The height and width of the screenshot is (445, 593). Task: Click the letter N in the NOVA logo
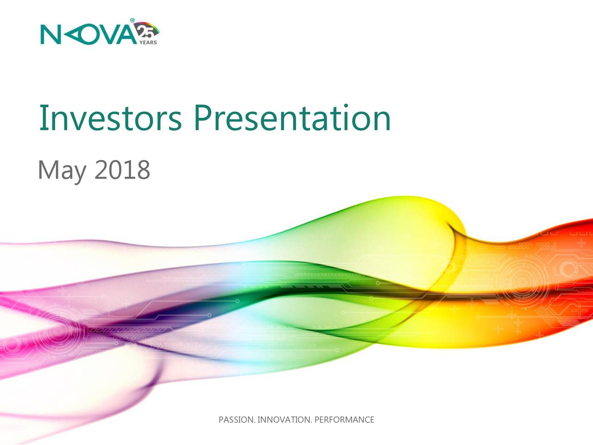pos(50,35)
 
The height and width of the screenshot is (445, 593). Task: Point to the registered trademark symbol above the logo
pos(132,20)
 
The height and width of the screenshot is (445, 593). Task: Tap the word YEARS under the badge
pos(148,43)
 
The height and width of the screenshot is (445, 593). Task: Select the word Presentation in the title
pos(292,118)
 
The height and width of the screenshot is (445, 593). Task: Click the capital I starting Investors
pos(42,118)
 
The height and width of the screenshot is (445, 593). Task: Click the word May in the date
pos(63,171)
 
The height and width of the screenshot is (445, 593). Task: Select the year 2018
pos(123,169)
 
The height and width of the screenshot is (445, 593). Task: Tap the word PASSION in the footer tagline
pos(236,420)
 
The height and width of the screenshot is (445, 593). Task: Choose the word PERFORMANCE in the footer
pos(345,420)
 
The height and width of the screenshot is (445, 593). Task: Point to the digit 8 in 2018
pos(144,169)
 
